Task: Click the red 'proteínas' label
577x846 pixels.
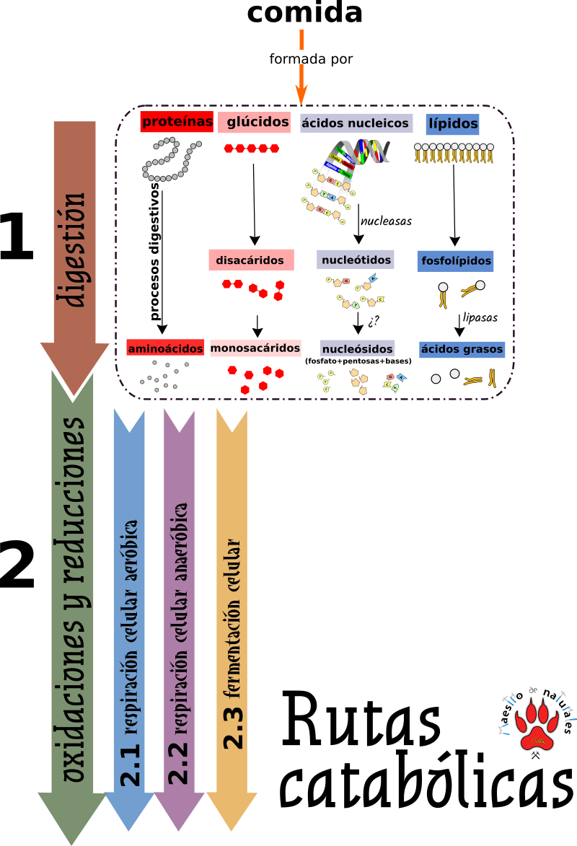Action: [177, 122]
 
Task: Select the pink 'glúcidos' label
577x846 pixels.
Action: [254, 122]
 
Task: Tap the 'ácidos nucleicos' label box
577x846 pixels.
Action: [356, 123]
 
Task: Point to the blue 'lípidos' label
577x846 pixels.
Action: [452, 123]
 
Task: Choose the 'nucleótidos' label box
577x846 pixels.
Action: [356, 260]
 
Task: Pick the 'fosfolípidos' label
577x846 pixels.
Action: [455, 261]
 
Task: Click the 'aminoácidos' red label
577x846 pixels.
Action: [165, 348]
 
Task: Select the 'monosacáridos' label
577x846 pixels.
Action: [255, 348]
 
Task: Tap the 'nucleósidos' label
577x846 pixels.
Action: [357, 349]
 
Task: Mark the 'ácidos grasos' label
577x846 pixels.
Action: [462, 349]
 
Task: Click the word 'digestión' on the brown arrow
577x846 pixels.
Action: [74, 249]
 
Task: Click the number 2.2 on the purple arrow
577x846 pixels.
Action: [179, 761]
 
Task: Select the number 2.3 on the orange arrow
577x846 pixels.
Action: [232, 725]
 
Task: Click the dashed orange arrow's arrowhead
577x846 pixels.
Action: [301, 94]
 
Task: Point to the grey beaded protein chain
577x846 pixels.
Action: [170, 159]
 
